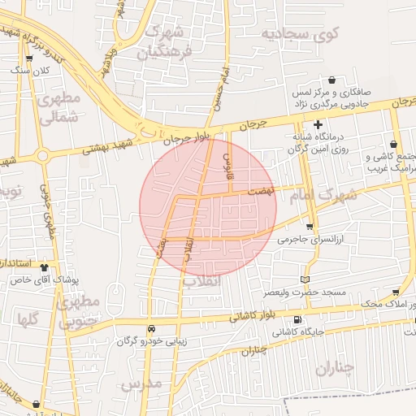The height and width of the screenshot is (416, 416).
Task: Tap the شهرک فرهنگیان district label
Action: coord(166,44)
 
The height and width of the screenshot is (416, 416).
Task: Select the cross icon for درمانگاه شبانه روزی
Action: coord(318,124)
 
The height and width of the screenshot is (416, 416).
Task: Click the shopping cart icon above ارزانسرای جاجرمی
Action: coord(310,227)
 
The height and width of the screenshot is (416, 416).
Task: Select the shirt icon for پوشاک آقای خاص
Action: coord(43,266)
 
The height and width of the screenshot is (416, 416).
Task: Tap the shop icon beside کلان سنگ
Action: coord(30,58)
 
